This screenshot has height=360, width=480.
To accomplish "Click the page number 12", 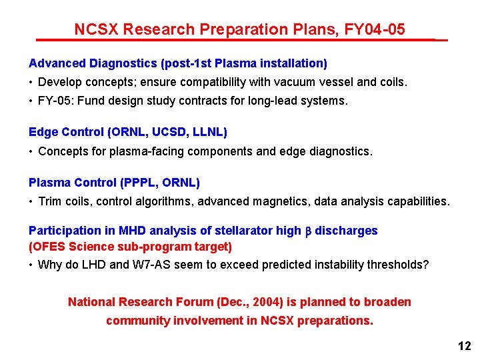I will pos(465,346).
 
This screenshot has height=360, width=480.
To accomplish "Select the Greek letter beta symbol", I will pos(308,231).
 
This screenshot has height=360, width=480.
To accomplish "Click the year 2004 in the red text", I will pos(247,302).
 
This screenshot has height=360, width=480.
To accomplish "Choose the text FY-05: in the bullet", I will pos(56,101).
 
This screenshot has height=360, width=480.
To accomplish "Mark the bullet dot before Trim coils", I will pos(31,201).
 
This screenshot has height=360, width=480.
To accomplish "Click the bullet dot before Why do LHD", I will pos(31,265).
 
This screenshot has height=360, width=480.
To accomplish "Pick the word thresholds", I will pos(397,265).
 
